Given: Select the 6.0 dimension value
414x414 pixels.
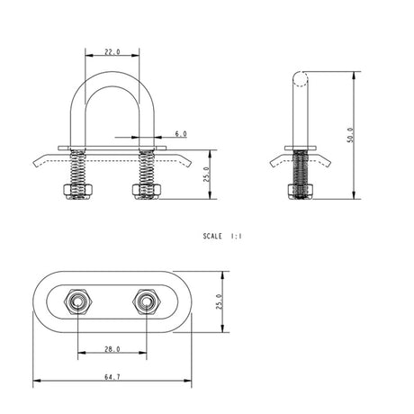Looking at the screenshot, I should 180,133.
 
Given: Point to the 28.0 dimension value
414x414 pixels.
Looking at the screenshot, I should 112,347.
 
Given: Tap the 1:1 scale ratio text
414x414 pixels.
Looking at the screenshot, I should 238,237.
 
